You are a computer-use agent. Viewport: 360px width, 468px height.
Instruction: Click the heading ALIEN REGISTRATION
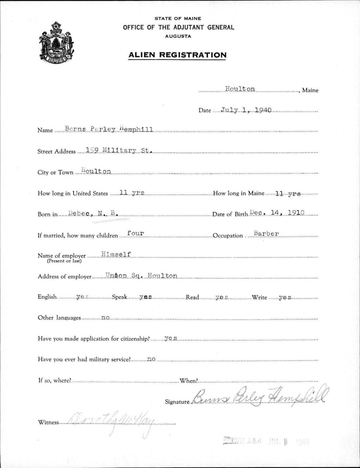177,55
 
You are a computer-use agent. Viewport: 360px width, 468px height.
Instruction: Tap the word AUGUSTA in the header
178,36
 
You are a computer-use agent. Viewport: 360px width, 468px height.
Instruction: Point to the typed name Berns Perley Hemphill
109,129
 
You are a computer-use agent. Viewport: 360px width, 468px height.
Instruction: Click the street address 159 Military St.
118,150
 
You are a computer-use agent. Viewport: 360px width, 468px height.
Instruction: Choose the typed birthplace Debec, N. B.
93,213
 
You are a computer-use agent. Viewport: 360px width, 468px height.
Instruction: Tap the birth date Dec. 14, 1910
277,213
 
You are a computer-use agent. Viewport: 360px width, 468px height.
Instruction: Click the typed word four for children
135,233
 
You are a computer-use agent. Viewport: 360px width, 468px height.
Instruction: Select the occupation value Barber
266,233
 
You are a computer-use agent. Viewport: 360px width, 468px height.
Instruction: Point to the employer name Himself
116,254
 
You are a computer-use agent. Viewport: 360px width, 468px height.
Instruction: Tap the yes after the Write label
285,297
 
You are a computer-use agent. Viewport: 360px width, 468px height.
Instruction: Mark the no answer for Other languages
105,318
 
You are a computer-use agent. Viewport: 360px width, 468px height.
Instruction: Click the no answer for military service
151,359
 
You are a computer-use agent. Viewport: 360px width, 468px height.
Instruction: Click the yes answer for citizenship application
170,338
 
